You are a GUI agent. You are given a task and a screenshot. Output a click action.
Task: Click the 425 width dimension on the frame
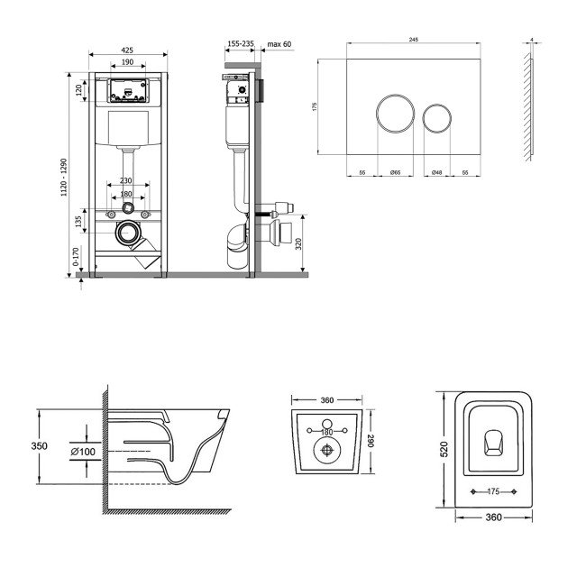pyautogui.click(x=127, y=51)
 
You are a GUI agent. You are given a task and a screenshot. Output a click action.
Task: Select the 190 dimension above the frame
pyautogui.click(x=127, y=63)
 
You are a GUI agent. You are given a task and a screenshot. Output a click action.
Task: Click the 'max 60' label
pyautogui.click(x=279, y=42)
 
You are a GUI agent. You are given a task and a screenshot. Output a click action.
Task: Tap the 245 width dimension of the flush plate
pyautogui.click(x=414, y=40)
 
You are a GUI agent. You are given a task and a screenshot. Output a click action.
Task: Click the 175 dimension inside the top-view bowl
pyautogui.click(x=490, y=492)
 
